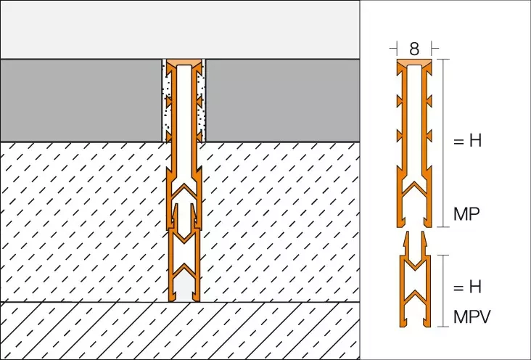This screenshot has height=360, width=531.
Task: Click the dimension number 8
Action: coord(413,49)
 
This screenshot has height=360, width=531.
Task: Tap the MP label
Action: coord(466,214)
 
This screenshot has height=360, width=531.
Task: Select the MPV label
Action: coord(472,317)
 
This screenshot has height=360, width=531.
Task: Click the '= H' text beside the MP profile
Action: coord(467,140)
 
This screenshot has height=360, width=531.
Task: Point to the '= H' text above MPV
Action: coord(467,287)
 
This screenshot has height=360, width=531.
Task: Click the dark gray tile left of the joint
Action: coord(81,100)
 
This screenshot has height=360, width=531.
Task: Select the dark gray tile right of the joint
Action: coord(283,100)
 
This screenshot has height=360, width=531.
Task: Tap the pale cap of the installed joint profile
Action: coord(184,62)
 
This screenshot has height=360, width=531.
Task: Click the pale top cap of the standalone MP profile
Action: coord(414,62)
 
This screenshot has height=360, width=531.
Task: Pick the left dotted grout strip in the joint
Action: coord(165,100)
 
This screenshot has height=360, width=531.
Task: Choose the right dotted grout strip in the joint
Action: coord(202,100)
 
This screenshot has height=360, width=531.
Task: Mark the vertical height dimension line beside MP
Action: coord(443,143)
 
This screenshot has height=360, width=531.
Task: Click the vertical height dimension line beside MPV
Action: coord(443,291)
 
